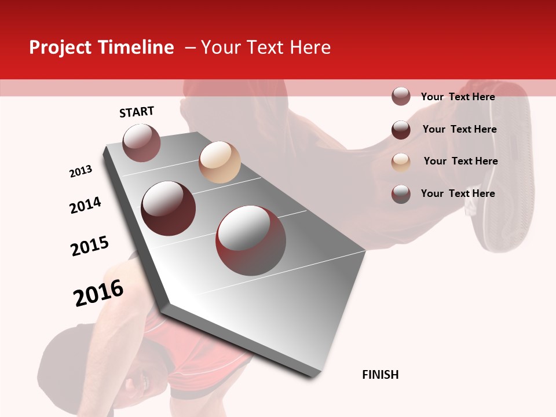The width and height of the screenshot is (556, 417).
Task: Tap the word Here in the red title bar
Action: pyautogui.click(x=310, y=47)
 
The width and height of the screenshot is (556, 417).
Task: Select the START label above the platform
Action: pyautogui.click(x=137, y=112)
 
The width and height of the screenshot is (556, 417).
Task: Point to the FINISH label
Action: pyautogui.click(x=381, y=375)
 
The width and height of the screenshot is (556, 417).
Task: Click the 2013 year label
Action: pyautogui.click(x=81, y=172)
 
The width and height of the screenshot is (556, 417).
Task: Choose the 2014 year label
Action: pyautogui.click(x=85, y=206)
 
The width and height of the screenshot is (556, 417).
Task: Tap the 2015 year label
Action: pyautogui.click(x=90, y=246)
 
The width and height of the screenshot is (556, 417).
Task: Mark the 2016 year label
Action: pyautogui.click(x=98, y=293)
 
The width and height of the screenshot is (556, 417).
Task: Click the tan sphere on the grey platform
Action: pyautogui.click(x=220, y=162)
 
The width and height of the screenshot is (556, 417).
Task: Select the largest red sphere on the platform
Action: pyautogui.click(x=251, y=240)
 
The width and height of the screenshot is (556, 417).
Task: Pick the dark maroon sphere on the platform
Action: pyautogui.click(x=169, y=209)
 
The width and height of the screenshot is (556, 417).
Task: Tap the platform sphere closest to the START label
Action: pyautogui.click(x=141, y=142)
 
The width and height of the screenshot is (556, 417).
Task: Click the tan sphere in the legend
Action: pyautogui.click(x=401, y=162)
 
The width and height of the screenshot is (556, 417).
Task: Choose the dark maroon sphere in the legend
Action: pyautogui.click(x=401, y=130)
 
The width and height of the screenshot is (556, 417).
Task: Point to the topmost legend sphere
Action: pyautogui.click(x=401, y=97)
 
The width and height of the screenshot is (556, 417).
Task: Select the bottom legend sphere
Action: pyautogui.click(x=401, y=194)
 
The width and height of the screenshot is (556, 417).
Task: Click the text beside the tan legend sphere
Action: pyautogui.click(x=460, y=161)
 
